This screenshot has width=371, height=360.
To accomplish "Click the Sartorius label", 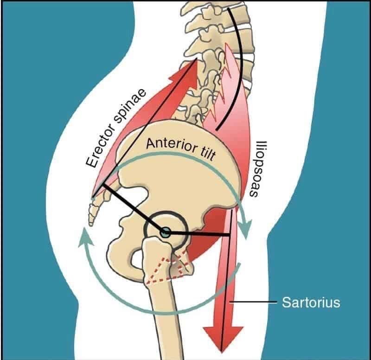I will click(x=311, y=303).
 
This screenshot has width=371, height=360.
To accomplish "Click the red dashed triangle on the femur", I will click(x=167, y=270).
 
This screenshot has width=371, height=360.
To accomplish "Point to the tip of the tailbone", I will click(x=91, y=223).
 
